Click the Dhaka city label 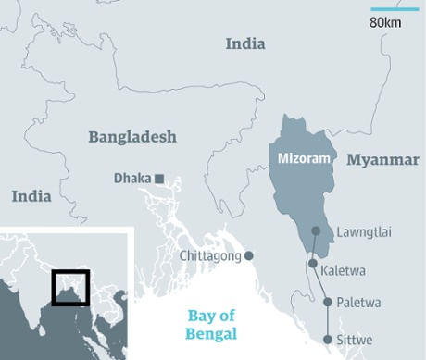pyautogui.click(x=132, y=178)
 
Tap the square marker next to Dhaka pyautogui.click(x=160, y=178)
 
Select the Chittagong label pyautogui.click(x=209, y=256)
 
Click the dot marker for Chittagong pyautogui.click(x=248, y=256)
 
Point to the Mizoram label pyautogui.click(x=305, y=159)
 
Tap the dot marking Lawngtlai pyautogui.click(x=316, y=231)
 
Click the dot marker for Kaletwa pyautogui.click(x=313, y=264)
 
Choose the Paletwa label pyautogui.click(x=359, y=302)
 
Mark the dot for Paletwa pyautogui.click(x=327, y=302)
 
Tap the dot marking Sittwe pyautogui.click(x=327, y=340)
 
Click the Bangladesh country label pyautogui.click(x=132, y=137)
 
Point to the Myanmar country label pyautogui.click(x=382, y=160)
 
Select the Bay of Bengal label pyautogui.click(x=212, y=325)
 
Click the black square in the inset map pyautogui.click(x=70, y=287)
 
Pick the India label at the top pyautogui.click(x=245, y=43)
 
